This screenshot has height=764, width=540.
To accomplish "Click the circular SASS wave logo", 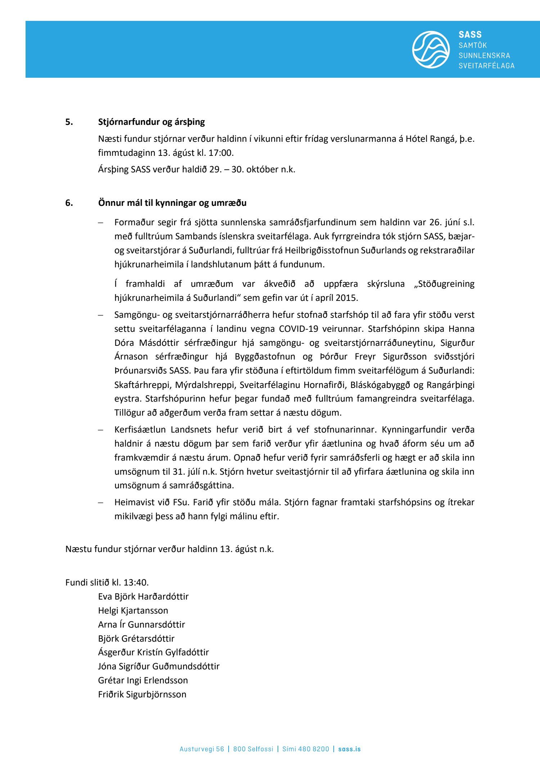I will (x=431, y=49).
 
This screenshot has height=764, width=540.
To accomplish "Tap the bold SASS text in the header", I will (x=470, y=35).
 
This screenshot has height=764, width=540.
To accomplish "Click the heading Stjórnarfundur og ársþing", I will (x=151, y=122).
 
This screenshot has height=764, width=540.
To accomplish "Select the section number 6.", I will (x=69, y=203).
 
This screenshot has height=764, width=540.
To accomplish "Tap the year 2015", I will (x=347, y=298).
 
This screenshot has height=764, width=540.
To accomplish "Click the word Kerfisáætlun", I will (x=140, y=429).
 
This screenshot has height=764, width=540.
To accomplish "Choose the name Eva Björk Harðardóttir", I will (x=143, y=596).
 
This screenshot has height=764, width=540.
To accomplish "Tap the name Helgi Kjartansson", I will (x=133, y=610).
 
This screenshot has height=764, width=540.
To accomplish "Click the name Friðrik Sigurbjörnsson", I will (x=142, y=694).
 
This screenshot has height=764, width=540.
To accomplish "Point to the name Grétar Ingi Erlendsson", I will (x=143, y=680).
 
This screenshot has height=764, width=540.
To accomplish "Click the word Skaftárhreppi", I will (x=142, y=385).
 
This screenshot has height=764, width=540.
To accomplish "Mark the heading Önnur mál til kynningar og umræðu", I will (x=172, y=203).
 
